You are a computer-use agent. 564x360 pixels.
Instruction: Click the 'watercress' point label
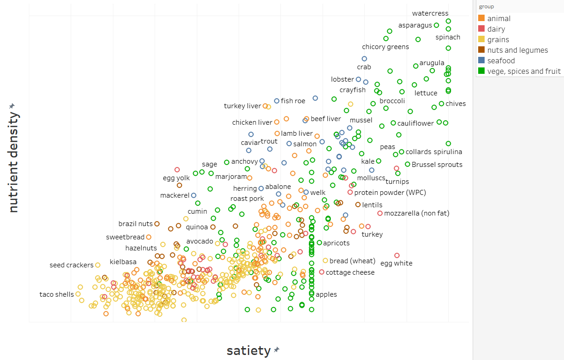[x=430, y=13]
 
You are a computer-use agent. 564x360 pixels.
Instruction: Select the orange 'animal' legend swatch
[x=481, y=18]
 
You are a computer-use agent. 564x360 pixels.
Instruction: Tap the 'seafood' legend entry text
[x=501, y=61]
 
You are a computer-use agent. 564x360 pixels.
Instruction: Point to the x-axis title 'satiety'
[x=248, y=351]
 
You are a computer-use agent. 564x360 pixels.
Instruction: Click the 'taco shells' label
[x=56, y=294]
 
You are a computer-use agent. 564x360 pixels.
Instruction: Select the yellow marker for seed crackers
[x=98, y=265]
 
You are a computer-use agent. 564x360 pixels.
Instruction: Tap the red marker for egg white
[x=397, y=255]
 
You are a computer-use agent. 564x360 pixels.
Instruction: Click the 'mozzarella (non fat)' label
[x=416, y=213]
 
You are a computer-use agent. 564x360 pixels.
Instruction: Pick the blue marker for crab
[x=364, y=59]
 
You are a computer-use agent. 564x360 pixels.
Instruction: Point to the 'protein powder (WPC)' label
[x=390, y=193]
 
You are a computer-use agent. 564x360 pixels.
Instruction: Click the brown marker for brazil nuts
[x=157, y=224]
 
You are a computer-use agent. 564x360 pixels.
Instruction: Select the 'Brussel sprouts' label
[x=437, y=165]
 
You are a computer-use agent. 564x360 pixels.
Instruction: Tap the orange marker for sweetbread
[x=149, y=237]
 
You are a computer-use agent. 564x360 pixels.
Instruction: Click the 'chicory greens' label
[x=385, y=47]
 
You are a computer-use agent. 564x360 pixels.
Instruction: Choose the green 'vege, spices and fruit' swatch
[x=481, y=71]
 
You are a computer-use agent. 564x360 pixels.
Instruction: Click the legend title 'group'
[x=486, y=7]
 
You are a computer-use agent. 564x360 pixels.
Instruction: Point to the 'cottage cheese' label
[x=350, y=272]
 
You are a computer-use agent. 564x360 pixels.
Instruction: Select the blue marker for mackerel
[x=194, y=195]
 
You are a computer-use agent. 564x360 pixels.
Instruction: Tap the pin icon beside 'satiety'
[x=277, y=350]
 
